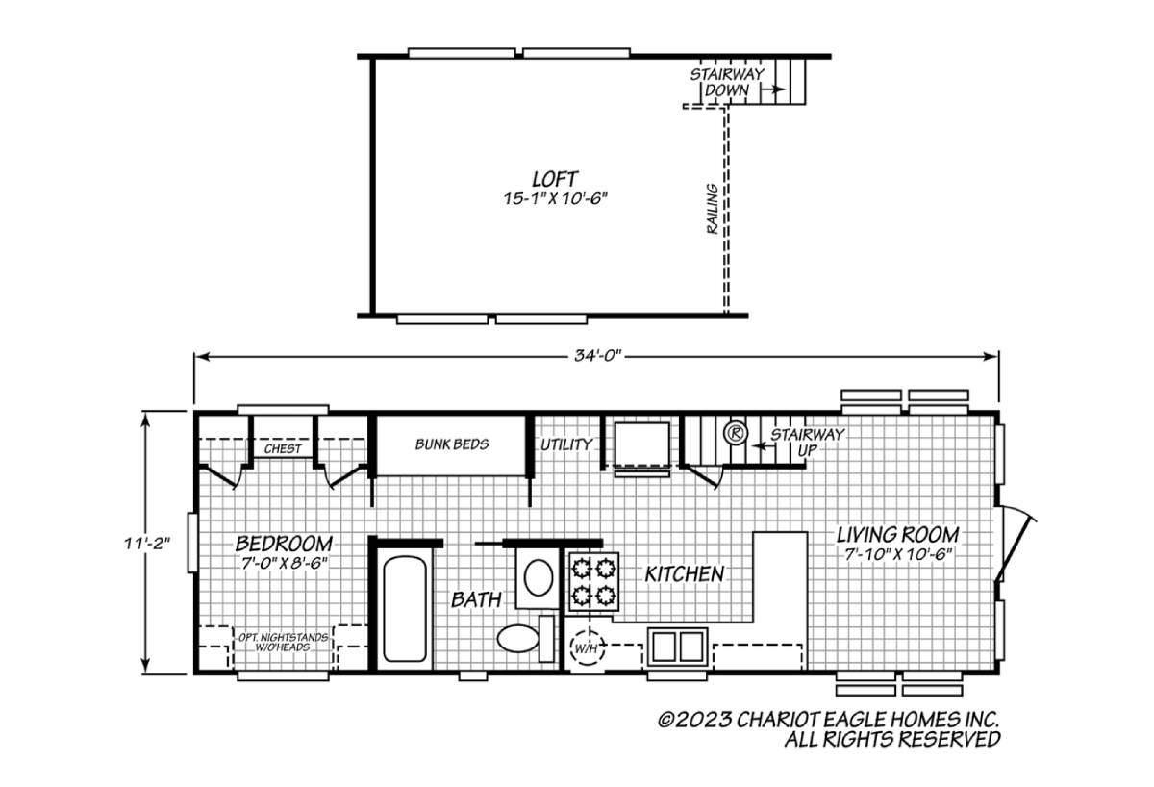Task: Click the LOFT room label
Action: point(554,179)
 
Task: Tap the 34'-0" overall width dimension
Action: point(598,356)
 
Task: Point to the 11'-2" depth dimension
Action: point(147,544)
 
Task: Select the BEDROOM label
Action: point(284,544)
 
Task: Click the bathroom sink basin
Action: point(538,577)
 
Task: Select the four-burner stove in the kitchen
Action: point(593,582)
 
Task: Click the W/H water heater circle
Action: point(587,648)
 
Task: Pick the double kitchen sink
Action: point(677,647)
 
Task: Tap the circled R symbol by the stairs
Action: point(735,433)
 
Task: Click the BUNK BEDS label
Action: point(452,444)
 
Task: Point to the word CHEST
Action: point(283,449)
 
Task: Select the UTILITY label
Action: point(566,444)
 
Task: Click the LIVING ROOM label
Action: point(897,535)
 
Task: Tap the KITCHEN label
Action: point(685,574)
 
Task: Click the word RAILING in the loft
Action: point(712,209)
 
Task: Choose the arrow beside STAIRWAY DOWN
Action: point(773,89)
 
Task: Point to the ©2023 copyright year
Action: point(694,720)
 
